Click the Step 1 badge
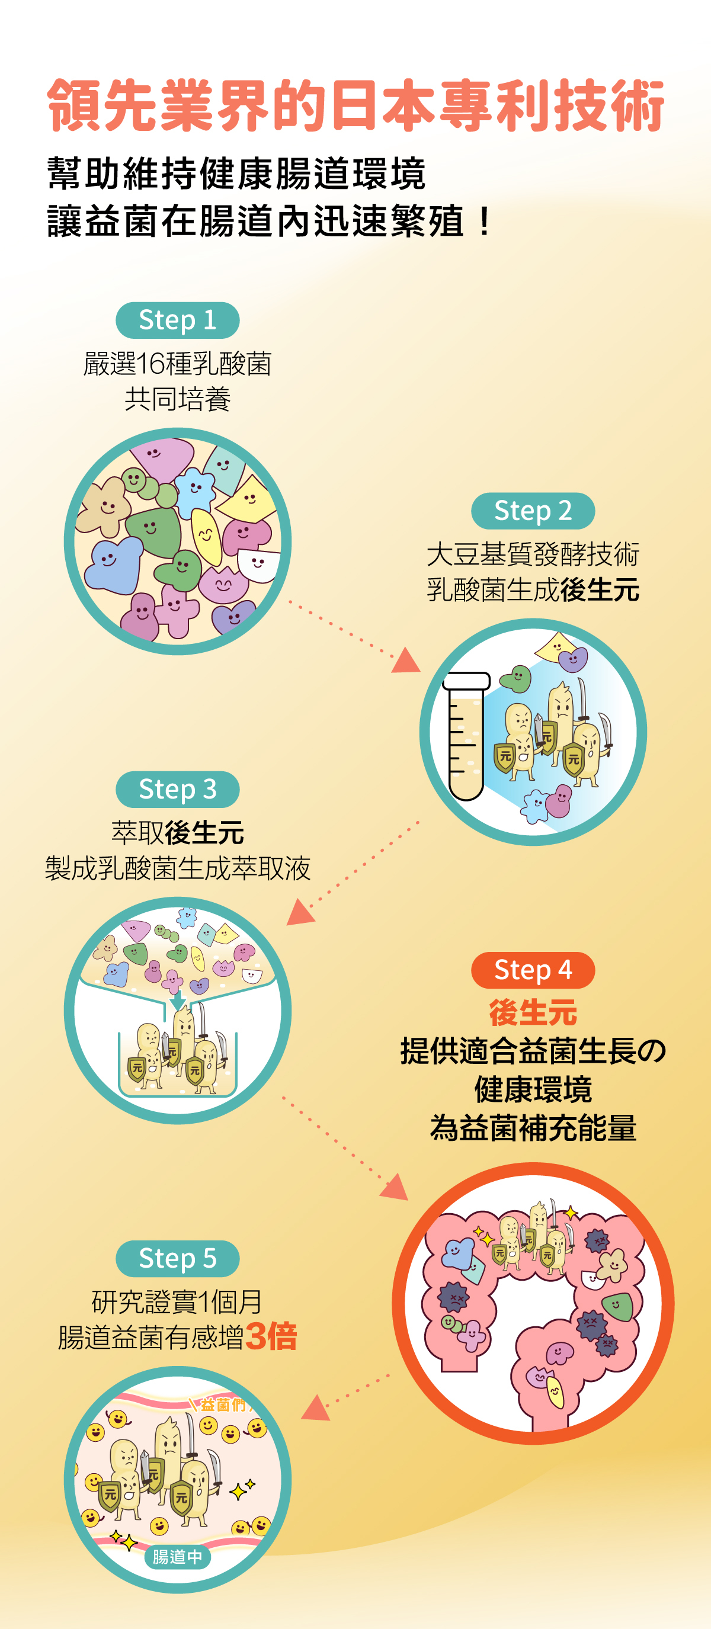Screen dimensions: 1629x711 pyautogui.click(x=177, y=320)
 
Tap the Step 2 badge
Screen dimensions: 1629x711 pyautogui.click(x=533, y=511)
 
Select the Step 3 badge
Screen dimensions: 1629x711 pyautogui.click(x=177, y=789)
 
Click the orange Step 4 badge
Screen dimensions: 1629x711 pyautogui.click(x=533, y=970)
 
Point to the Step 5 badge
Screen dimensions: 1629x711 pyautogui.click(x=177, y=1258)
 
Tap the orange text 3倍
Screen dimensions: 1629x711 pyautogui.click(x=271, y=1336)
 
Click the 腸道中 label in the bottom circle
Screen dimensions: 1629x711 pyautogui.click(x=177, y=1556)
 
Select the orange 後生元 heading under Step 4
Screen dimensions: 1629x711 pyautogui.click(x=533, y=1012)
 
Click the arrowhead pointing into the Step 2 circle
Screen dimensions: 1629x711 pyautogui.click(x=406, y=661)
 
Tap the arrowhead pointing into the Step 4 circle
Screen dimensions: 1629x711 pyautogui.click(x=395, y=1187)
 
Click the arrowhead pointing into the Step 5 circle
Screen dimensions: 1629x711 pyautogui.click(x=316, y=1409)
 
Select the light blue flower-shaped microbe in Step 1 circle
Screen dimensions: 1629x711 pyautogui.click(x=195, y=490)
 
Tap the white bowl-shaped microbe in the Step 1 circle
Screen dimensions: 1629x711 pyautogui.click(x=258, y=564)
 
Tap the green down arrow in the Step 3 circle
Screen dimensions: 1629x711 pyautogui.click(x=178, y=1000)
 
